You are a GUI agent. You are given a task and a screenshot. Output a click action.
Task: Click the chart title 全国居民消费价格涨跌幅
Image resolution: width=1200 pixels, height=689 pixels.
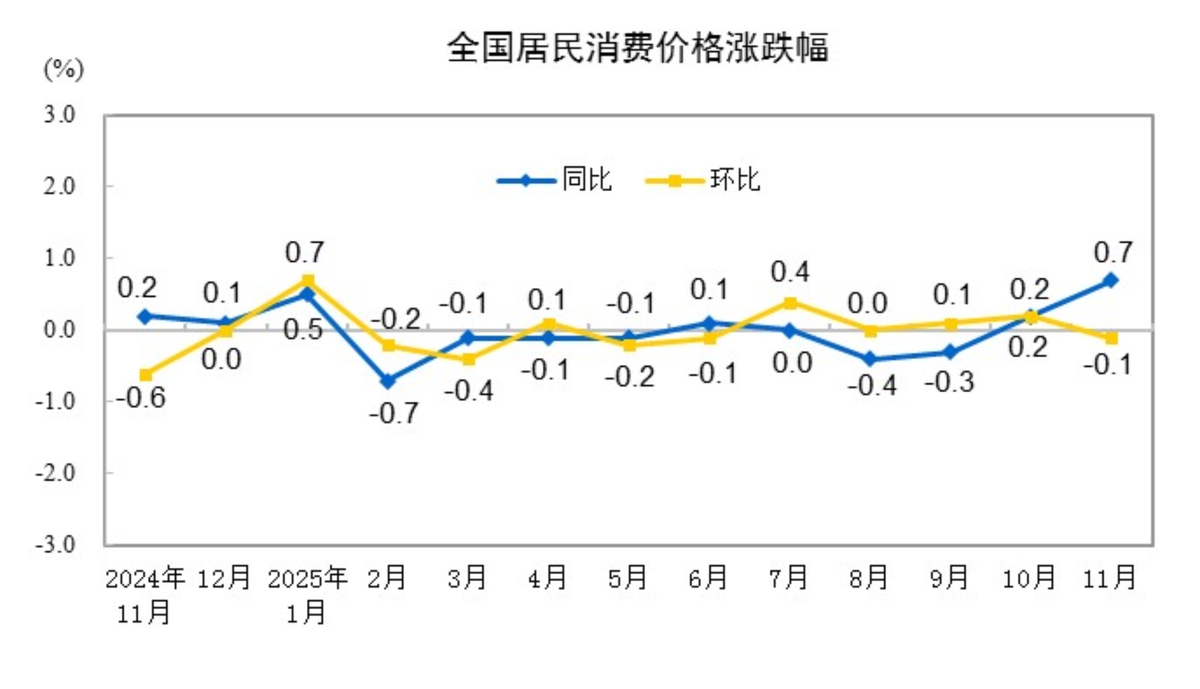click(x=638, y=48)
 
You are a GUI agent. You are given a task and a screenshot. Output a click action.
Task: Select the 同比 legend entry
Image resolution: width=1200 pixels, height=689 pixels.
click(x=587, y=179)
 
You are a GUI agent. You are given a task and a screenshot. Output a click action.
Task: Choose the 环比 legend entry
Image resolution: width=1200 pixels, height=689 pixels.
click(x=735, y=179)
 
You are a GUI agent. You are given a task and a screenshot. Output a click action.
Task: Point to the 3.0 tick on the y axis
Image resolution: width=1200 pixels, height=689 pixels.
click(x=60, y=115)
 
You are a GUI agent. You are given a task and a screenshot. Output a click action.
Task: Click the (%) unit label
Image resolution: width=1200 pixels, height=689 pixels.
click(x=64, y=69)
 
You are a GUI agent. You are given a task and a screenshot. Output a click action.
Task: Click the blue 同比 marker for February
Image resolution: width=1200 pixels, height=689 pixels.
click(x=388, y=381)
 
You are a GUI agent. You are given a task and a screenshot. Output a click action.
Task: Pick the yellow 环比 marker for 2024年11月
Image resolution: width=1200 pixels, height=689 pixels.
click(x=146, y=375)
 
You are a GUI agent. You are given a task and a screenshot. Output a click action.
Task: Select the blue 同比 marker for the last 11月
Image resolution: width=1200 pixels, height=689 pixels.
click(x=1110, y=280)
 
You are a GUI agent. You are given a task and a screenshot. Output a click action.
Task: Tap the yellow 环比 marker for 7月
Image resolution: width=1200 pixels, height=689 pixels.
click(x=790, y=303)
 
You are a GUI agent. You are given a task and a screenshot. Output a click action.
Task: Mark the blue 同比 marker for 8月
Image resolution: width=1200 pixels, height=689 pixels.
click(x=870, y=359)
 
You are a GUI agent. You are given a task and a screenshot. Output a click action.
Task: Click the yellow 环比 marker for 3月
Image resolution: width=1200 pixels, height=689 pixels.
click(x=468, y=359)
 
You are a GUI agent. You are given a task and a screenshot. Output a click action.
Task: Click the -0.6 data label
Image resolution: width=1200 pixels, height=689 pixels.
click(x=141, y=398)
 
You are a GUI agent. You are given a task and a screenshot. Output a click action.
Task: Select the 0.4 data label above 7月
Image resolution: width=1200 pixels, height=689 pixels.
click(x=790, y=272)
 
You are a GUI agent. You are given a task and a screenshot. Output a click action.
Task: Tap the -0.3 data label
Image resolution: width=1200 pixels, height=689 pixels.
click(x=949, y=382)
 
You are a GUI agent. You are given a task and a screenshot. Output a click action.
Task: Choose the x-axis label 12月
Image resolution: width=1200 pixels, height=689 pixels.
click(x=224, y=578)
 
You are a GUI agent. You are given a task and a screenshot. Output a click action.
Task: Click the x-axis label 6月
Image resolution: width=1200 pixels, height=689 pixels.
click(x=708, y=578)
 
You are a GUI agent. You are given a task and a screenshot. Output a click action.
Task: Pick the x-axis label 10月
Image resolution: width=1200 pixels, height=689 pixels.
click(x=1029, y=578)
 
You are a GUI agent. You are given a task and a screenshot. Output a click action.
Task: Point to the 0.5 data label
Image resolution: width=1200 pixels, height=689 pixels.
click(x=304, y=331)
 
